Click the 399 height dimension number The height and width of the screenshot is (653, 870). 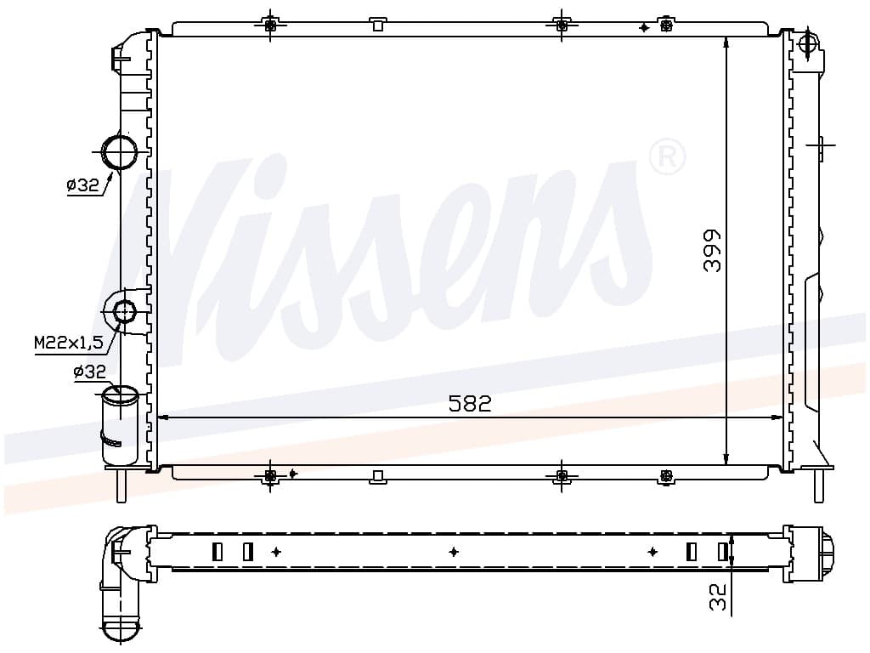coord(712,250)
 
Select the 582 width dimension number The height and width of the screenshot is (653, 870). coord(470,404)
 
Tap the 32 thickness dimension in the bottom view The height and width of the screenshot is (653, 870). coord(719,597)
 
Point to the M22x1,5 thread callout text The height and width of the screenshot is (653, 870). coord(69,344)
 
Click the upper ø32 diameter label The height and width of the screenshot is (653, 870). coord(82,185)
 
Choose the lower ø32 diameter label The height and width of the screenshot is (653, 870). coord(89,372)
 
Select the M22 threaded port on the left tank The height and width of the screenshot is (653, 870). coord(124,311)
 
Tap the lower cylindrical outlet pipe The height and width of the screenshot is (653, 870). coord(119,425)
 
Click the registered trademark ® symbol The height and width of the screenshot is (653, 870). coord(667,157)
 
